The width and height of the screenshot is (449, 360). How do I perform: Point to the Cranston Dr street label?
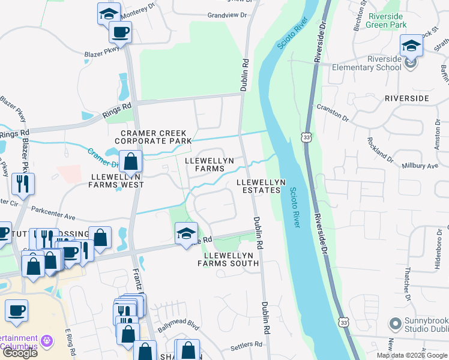coord(333,113)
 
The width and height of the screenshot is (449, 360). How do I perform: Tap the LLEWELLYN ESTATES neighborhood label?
coord(260,186)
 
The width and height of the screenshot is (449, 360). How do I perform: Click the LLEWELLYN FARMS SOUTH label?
coord(228,259)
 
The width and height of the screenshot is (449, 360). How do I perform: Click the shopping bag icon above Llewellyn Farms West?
coord(130,161)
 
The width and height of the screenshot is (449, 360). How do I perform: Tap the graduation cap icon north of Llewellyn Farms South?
coord(186,233)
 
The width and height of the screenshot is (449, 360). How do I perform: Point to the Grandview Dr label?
coord(227,15)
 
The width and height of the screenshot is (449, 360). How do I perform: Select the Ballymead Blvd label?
coord(178,330)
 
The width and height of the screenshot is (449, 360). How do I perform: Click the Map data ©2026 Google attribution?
coord(412,355)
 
